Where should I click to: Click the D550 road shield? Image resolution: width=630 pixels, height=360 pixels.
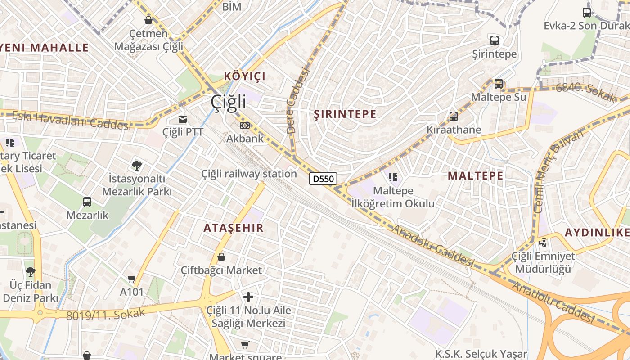(x=323, y=179)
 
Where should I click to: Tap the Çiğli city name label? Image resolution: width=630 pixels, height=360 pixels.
(x=229, y=102)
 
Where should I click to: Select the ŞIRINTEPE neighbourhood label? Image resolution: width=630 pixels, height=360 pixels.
(x=345, y=114)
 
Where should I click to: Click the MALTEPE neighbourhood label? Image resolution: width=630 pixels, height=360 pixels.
(x=475, y=175)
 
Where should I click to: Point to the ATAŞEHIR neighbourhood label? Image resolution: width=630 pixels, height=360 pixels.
(x=233, y=228)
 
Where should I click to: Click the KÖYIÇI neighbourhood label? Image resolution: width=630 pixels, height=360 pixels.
(x=245, y=76)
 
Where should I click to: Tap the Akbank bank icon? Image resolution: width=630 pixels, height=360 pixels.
(x=245, y=126)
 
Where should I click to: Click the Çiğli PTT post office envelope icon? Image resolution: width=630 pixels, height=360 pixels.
(x=183, y=119)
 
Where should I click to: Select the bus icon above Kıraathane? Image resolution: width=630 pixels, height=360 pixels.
(x=454, y=117)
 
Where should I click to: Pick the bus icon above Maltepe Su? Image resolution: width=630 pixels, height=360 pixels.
(x=499, y=84)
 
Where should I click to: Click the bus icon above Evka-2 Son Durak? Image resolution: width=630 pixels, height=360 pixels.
(x=587, y=12)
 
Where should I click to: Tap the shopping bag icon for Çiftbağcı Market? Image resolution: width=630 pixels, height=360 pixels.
(x=221, y=257)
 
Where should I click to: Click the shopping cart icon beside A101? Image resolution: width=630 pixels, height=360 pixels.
(x=131, y=279)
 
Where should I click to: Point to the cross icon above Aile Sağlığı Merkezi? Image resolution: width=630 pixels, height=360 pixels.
(x=248, y=297)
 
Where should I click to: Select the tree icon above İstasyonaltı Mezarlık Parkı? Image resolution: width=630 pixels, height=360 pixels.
(x=137, y=166)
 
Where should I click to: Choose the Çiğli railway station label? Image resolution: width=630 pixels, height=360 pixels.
(x=249, y=174)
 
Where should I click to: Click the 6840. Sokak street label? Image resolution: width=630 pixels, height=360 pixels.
(x=585, y=93)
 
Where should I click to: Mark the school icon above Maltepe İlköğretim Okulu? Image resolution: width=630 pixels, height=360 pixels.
(x=393, y=178)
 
